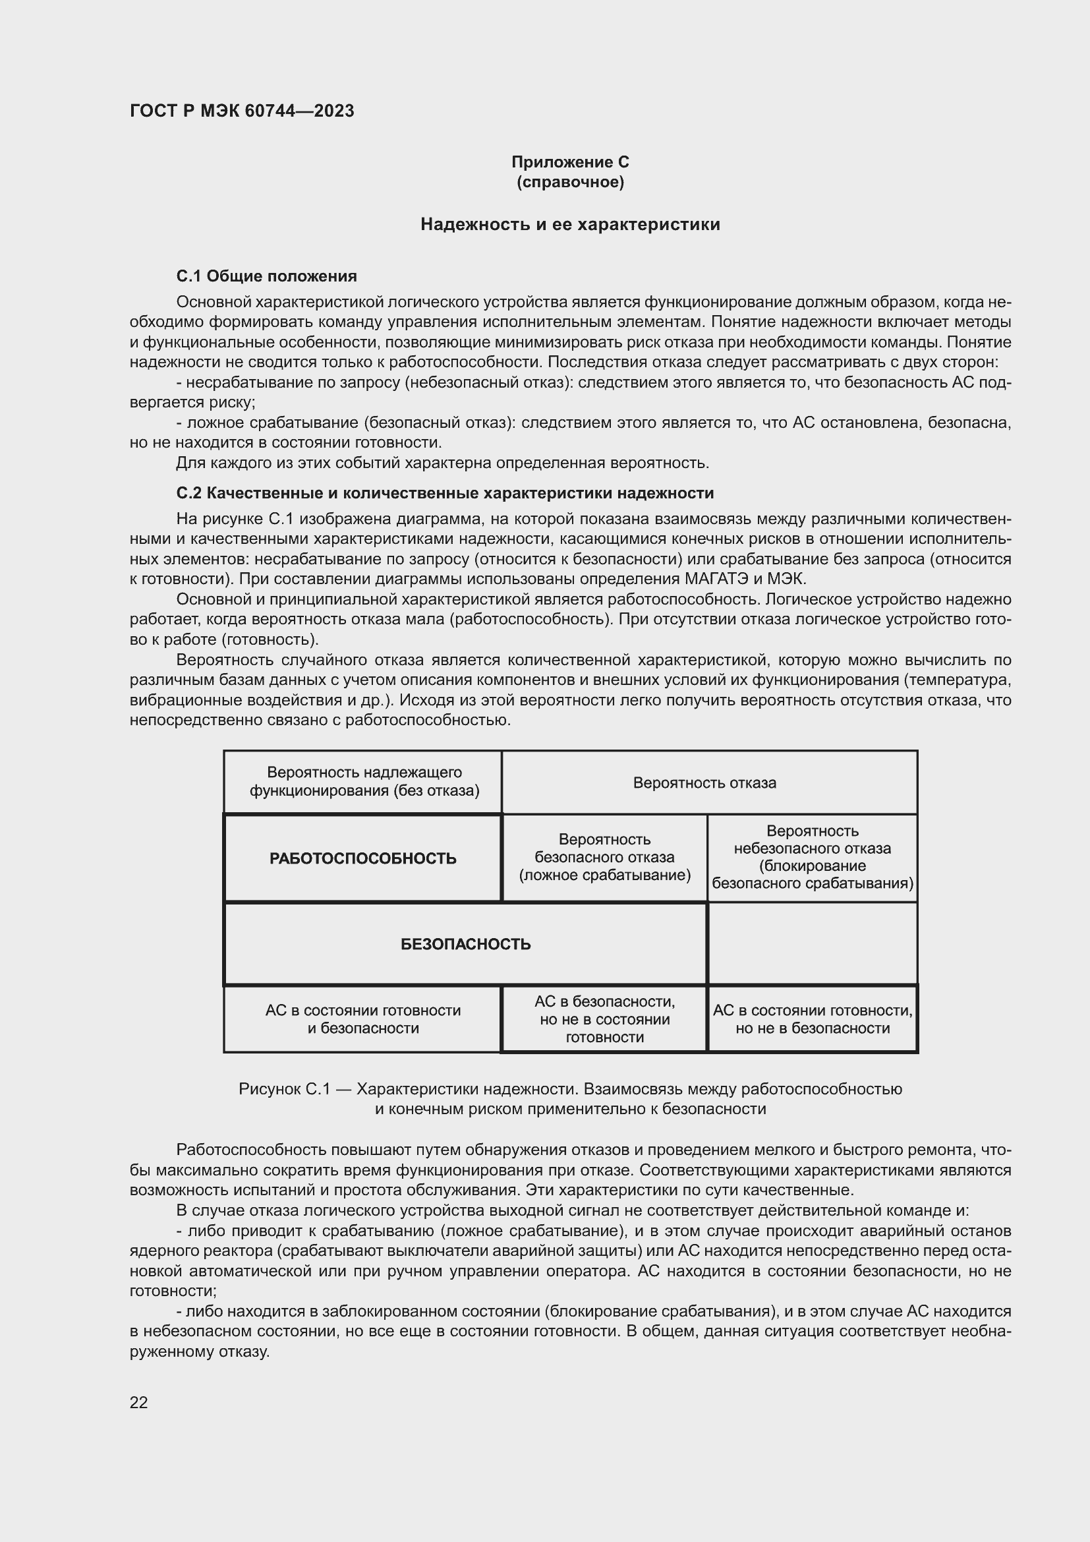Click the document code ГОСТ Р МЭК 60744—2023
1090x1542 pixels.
pyautogui.click(x=242, y=111)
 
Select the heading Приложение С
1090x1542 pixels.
pyautogui.click(x=570, y=162)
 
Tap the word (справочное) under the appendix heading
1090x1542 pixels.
pyautogui.click(x=570, y=182)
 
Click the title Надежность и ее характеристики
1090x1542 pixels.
pyautogui.click(x=570, y=224)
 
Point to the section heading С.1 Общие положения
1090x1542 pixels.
pyautogui.click(x=266, y=276)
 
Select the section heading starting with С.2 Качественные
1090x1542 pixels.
pyautogui.click(x=444, y=493)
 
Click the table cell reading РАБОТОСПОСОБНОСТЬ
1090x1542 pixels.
pyautogui.click(x=362, y=858)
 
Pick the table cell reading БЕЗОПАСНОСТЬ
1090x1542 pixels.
pyautogui.click(x=465, y=944)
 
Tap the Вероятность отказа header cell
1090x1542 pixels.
pyautogui.click(x=704, y=783)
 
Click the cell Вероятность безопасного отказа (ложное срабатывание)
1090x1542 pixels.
pyautogui.click(x=604, y=857)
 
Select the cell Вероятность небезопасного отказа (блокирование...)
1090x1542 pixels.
pyautogui.click(x=812, y=857)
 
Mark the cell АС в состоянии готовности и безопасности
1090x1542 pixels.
pyautogui.click(x=362, y=1019)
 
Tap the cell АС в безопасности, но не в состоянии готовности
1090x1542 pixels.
pyautogui.click(x=604, y=1019)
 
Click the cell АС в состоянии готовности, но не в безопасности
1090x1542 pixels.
pyautogui.click(x=812, y=1019)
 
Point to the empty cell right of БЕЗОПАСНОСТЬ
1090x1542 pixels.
pyautogui.click(x=812, y=943)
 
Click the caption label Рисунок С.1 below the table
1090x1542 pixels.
pyautogui.click(x=285, y=1088)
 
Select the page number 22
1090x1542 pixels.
pyautogui.click(x=139, y=1402)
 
